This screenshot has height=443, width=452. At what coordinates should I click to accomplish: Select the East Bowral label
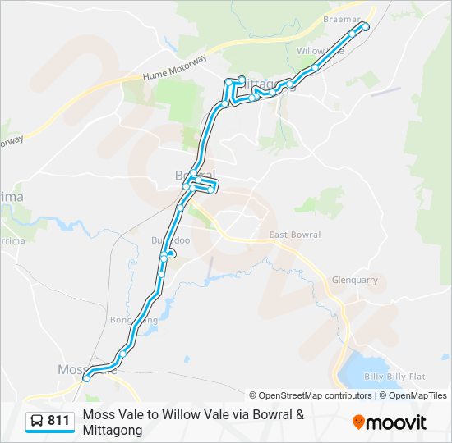(295, 235)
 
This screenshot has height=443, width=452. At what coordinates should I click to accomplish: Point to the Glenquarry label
(354, 280)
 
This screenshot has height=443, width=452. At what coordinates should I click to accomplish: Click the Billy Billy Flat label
(395, 377)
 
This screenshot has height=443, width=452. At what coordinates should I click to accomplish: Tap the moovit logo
(390, 422)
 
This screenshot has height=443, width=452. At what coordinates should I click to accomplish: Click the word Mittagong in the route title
(113, 430)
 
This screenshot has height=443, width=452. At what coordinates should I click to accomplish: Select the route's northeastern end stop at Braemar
(366, 27)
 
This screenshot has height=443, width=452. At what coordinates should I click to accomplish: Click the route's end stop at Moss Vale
(86, 378)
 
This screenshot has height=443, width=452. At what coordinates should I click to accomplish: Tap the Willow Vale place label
(319, 51)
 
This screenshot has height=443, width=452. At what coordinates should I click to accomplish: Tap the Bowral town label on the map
(194, 175)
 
